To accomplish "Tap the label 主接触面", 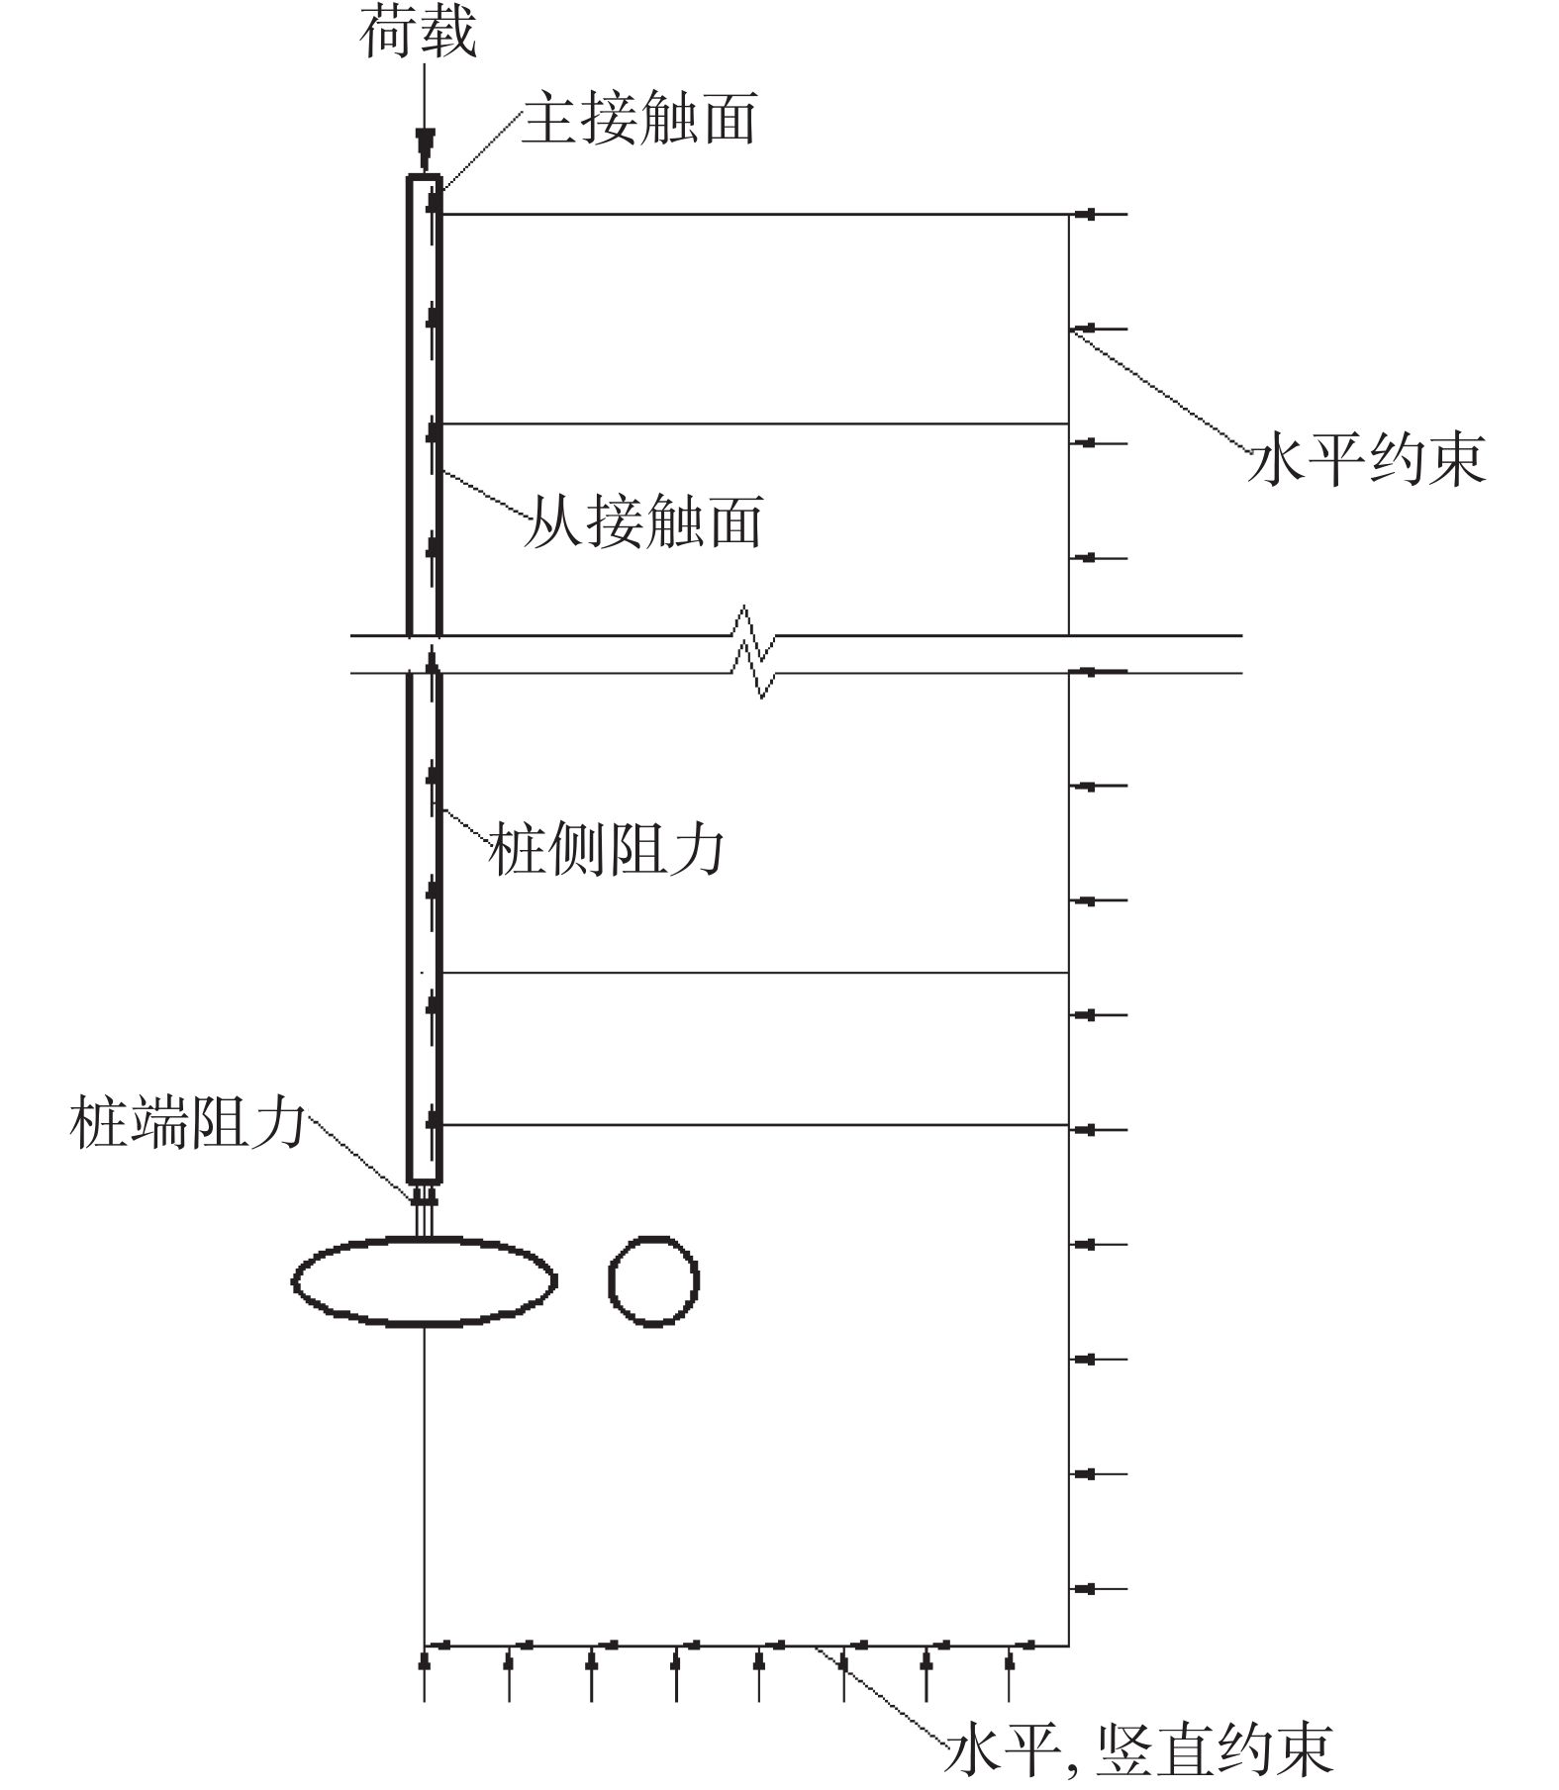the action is (x=639, y=119).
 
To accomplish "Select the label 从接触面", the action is (x=643, y=521).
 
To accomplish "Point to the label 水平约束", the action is (x=1367, y=460).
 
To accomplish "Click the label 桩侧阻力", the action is (x=607, y=849).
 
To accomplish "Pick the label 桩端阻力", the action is (x=188, y=1122).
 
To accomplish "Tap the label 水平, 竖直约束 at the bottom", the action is (x=1138, y=1750).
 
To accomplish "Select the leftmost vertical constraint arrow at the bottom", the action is (x=425, y=1673).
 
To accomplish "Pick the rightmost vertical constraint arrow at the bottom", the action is (x=1009, y=1673).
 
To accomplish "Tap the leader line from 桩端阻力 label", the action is (x=362, y=1158).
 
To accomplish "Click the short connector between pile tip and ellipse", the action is (x=425, y=1210).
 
